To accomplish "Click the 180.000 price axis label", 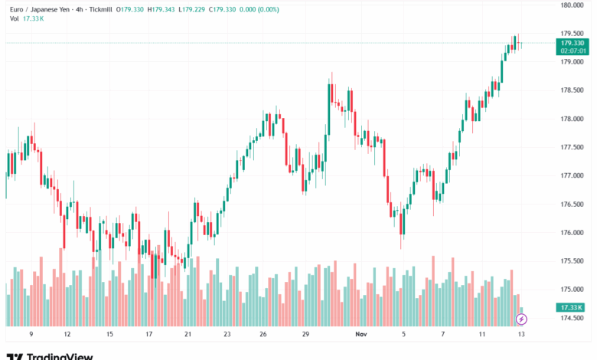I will (572, 5).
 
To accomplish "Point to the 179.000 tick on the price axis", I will (572, 62).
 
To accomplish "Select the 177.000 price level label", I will (572, 175).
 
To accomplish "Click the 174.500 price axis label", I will (572, 318).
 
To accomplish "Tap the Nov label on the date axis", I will (363, 334).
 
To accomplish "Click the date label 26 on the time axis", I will (262, 334).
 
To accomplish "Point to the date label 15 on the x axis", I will (109, 334).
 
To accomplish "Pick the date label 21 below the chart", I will (188, 334).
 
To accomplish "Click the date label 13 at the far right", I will (522, 334).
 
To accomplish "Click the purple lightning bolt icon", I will (522, 318).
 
